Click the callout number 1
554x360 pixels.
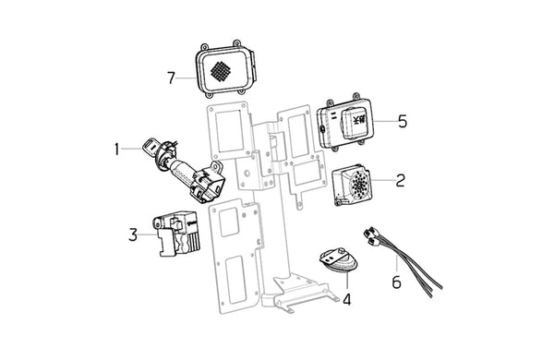116,150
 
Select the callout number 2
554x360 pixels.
400,180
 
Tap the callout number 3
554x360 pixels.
133,234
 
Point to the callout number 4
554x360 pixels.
347,299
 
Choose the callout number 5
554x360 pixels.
403,121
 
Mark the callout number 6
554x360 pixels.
396,282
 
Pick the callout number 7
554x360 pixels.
172,78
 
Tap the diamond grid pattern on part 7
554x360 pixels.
221,71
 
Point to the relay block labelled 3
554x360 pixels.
176,233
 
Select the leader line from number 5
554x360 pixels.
385,121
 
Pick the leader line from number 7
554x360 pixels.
186,78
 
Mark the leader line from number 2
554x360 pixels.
382,180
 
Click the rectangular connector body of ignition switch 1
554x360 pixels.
208,183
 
